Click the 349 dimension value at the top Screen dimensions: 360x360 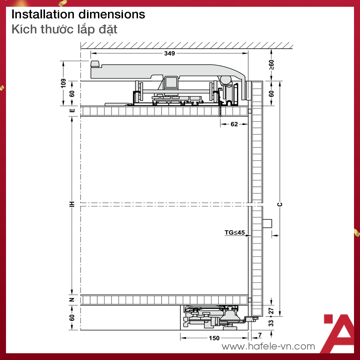[x=169, y=53]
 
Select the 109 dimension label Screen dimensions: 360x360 [x=63, y=83]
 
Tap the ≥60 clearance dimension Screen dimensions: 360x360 [x=271, y=65]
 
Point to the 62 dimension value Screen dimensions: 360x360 [x=234, y=124]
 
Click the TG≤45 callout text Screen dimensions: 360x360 [x=235, y=232]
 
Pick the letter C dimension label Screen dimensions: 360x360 [x=280, y=204]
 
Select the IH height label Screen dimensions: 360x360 [x=72, y=204]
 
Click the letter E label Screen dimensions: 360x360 [x=72, y=110]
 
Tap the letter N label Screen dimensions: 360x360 [x=72, y=300]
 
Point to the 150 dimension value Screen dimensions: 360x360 [x=214, y=338]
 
